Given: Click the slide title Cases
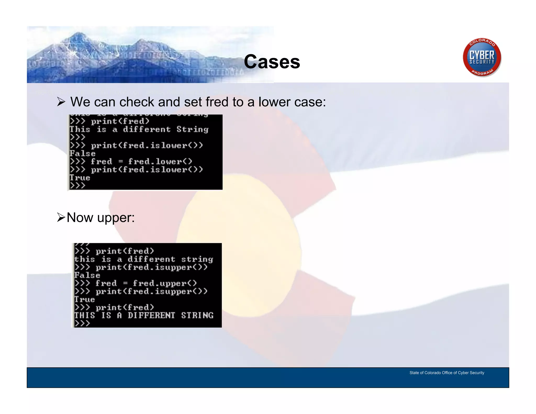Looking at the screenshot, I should (x=272, y=62).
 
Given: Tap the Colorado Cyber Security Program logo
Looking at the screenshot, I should (x=482, y=57).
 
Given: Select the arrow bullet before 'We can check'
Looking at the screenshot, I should (x=61, y=102).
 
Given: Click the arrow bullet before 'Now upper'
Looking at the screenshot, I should (x=61, y=217).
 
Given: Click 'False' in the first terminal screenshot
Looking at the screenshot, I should (x=82, y=154).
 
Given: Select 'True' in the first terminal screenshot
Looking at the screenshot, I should (x=80, y=178).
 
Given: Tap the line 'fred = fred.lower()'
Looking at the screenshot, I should (x=141, y=161).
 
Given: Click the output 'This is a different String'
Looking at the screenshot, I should (x=139, y=129).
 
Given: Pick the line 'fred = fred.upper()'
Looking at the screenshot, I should (x=146, y=283).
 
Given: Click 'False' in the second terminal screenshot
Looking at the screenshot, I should (x=87, y=275).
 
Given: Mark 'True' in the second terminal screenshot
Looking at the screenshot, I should (x=85, y=299).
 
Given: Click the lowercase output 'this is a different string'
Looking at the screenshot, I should (x=143, y=259).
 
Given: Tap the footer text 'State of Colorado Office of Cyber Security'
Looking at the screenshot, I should (x=446, y=373).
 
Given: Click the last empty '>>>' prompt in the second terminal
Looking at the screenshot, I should (x=82, y=323).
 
